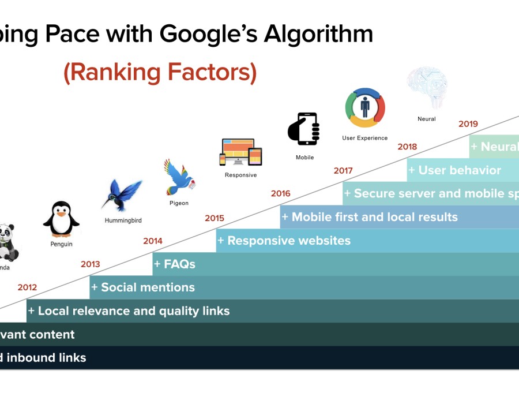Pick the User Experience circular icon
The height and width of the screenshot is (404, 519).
pos(364,107)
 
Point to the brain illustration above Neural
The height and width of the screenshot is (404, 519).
pos(427,87)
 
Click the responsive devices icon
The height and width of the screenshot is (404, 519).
pos(240,152)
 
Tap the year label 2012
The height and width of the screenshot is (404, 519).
pos(27,287)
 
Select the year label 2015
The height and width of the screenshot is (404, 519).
pos(214,218)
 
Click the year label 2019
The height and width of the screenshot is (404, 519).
pos(468,124)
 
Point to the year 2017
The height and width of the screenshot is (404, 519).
pos(343,171)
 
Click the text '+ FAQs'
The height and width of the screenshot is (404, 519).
pos(175,264)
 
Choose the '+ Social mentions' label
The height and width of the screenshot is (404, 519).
pos(143,287)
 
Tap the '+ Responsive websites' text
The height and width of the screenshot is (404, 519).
pos(284,241)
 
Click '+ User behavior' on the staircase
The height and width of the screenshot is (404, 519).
pos(454,170)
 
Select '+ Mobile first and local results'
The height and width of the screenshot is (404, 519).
pos(370,217)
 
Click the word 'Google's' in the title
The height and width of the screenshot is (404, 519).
pos(208,35)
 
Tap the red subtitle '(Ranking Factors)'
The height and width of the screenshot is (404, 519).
pos(160,72)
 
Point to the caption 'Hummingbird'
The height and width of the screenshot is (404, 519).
pos(123,220)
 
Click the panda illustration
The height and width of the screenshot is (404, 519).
pos(8,242)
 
